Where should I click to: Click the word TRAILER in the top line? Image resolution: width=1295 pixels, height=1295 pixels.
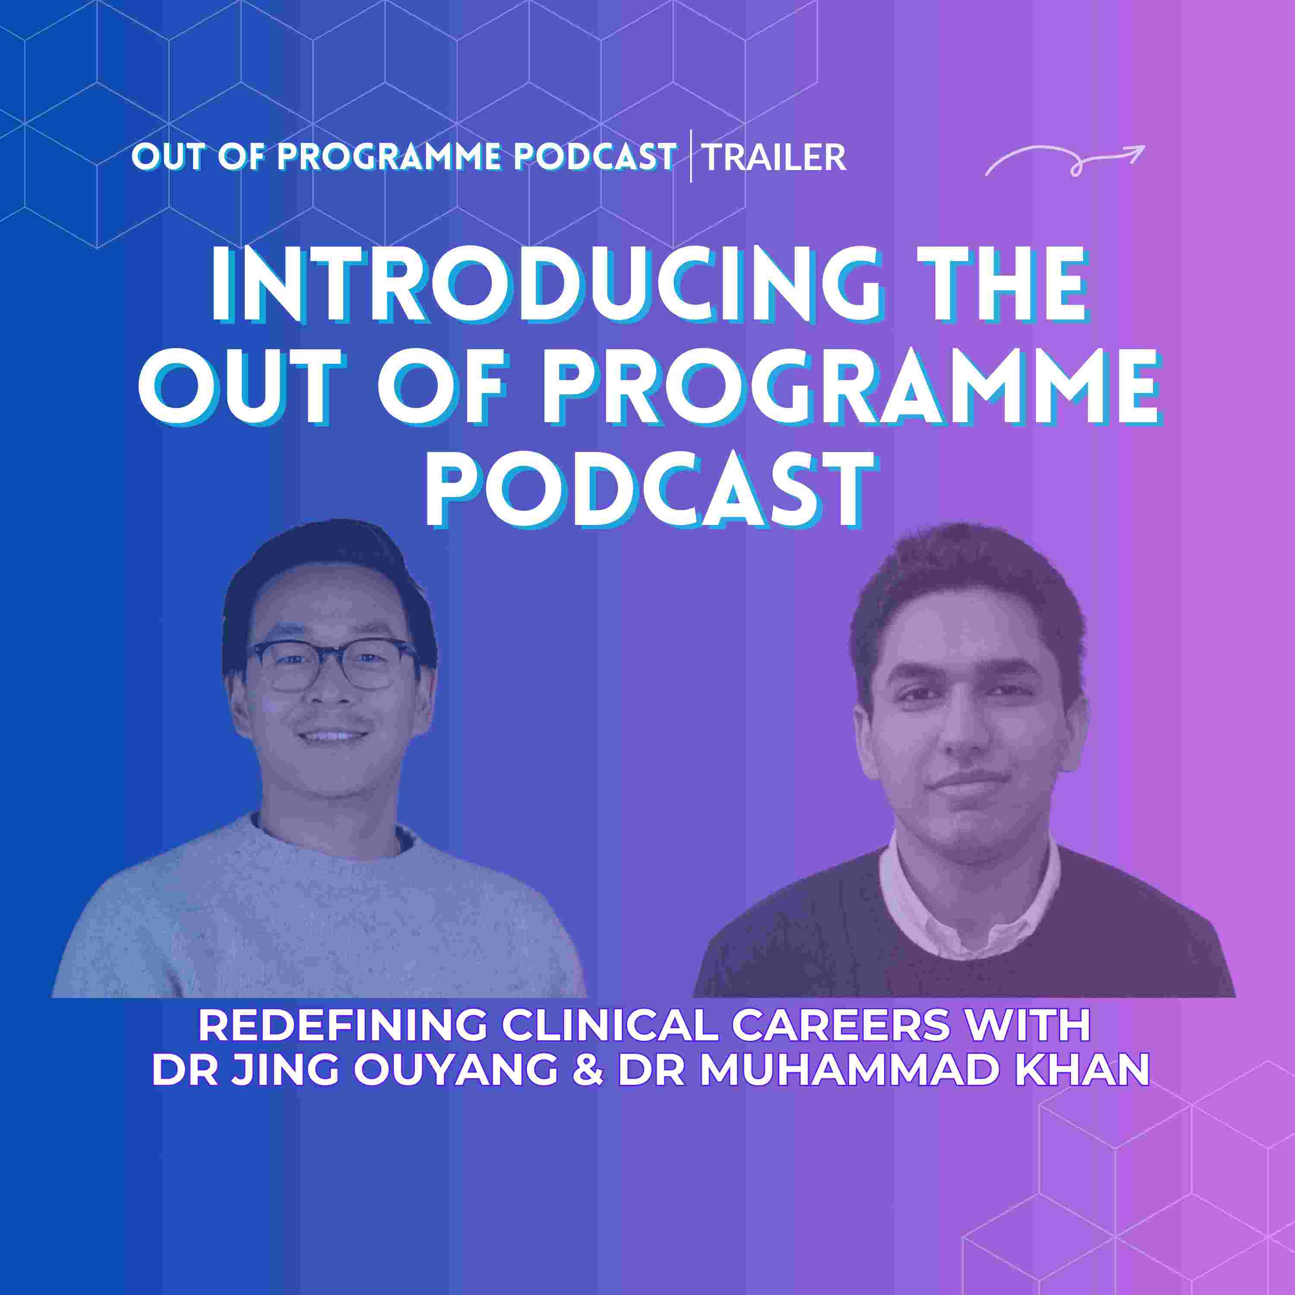[x=774, y=158]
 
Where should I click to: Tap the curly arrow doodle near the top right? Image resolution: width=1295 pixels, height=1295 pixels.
[x=1064, y=161]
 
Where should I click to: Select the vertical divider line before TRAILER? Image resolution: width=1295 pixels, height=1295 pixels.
[x=691, y=157]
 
